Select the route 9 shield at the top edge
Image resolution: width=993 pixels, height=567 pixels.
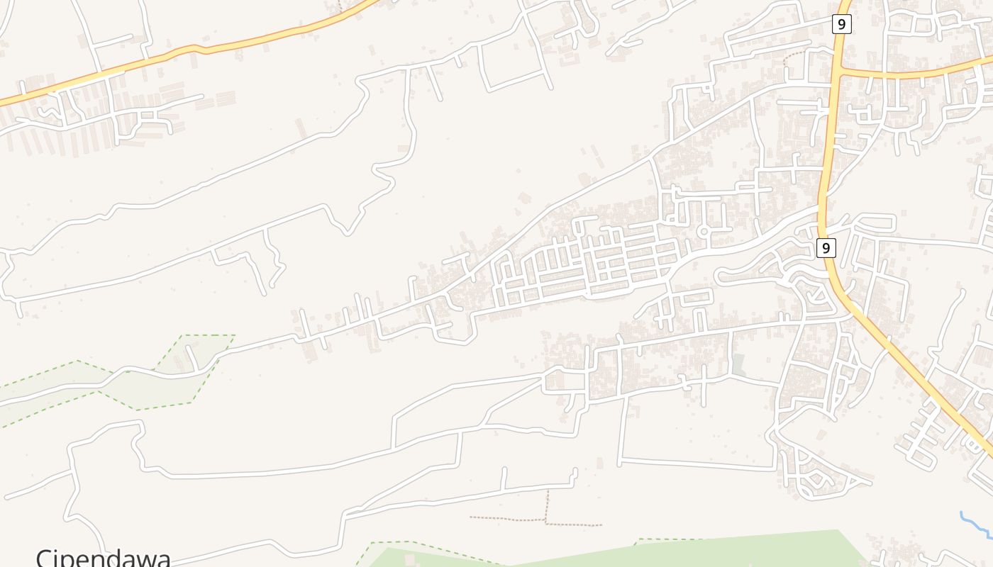click(841, 24)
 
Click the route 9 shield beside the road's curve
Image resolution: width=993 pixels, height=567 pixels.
click(826, 248)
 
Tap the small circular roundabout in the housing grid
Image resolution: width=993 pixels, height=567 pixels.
click(704, 232)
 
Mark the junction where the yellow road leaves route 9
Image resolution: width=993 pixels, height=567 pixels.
click(837, 72)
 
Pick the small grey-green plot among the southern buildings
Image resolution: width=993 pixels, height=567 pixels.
click(738, 365)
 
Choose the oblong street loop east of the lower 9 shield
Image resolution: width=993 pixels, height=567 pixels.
click(877, 223)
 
